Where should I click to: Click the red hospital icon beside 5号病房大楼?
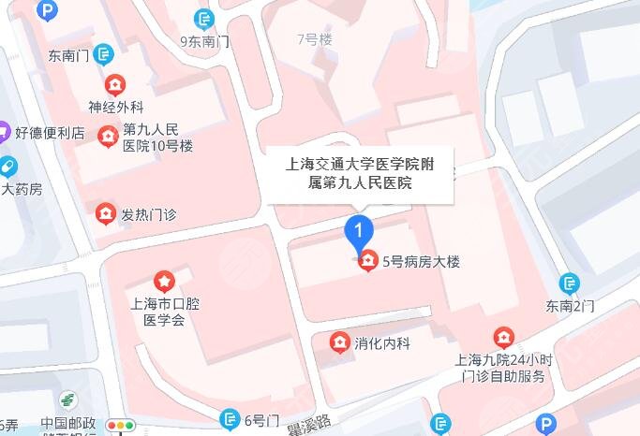pos(368,262)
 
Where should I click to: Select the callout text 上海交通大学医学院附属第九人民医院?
pos(361,174)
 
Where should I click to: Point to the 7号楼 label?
pos(314,39)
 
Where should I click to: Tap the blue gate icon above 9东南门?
pos(204,18)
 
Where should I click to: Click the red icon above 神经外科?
pos(114,83)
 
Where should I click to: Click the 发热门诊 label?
pos(149,214)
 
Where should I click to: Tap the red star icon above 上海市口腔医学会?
pos(164,280)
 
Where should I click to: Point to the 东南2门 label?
pos(571,306)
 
